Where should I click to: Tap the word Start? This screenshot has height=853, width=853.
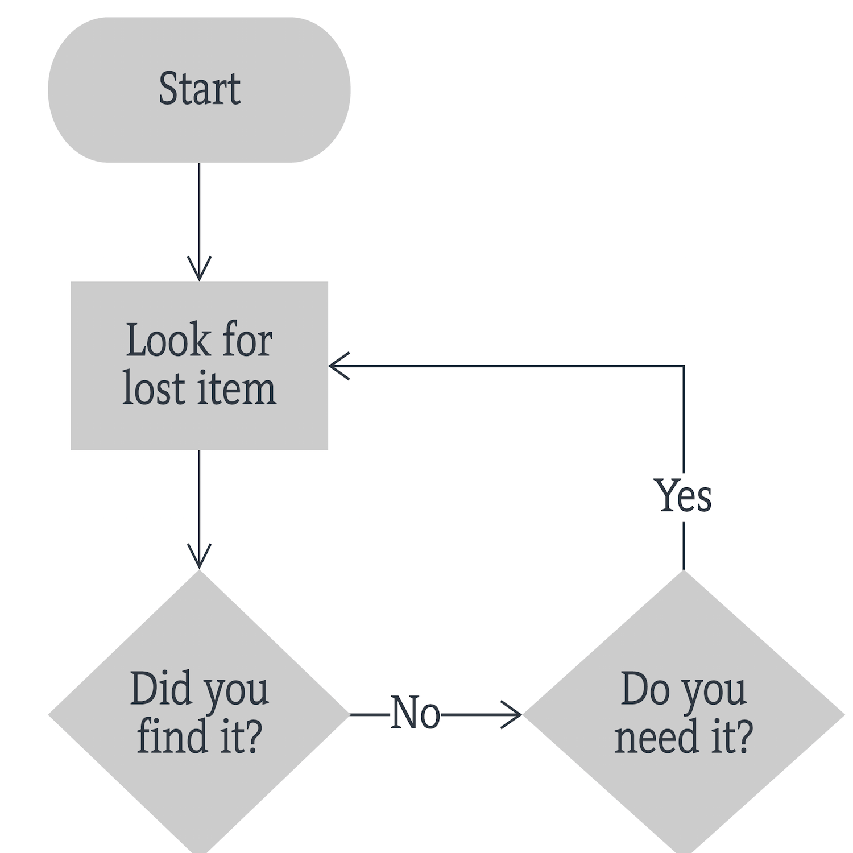tap(199, 89)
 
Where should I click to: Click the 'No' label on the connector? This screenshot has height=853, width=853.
tap(415, 713)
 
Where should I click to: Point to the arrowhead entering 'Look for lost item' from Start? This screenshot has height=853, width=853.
tap(199, 270)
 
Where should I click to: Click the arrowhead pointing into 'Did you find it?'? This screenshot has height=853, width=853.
tap(199, 558)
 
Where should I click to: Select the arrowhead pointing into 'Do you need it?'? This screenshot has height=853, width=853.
tap(512, 714)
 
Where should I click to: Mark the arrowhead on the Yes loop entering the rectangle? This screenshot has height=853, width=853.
tap(338, 366)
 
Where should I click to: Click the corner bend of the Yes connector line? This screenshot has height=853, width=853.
tap(684, 366)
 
